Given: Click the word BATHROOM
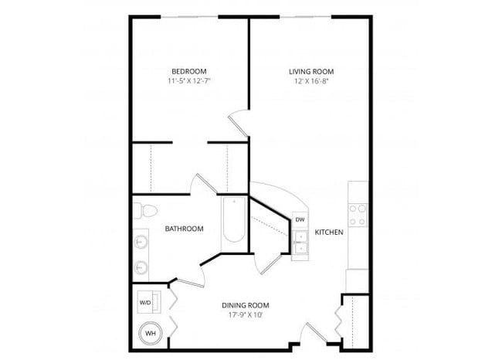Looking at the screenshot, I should point(184,229).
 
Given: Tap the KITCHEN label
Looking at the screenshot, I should point(328,231).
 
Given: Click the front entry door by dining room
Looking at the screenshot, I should point(311,333).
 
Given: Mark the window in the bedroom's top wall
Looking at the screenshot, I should point(190,16).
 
